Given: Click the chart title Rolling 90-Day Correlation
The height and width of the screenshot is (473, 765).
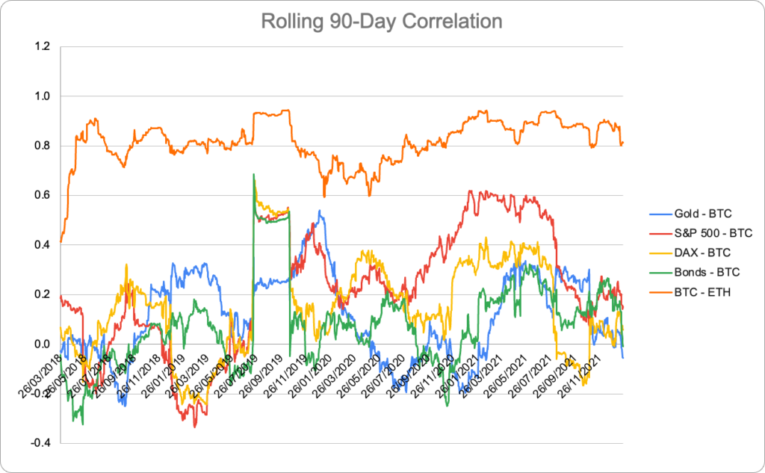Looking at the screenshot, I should (382, 21).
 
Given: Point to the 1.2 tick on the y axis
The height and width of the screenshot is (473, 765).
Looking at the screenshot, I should (42, 46).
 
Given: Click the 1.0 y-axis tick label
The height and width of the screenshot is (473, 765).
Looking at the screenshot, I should (42, 96).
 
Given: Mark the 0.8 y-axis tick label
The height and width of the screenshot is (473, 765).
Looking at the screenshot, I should (42, 146).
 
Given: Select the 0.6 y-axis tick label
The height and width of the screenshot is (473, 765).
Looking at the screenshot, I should (42, 195).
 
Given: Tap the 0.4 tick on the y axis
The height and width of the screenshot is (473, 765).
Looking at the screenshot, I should (42, 244).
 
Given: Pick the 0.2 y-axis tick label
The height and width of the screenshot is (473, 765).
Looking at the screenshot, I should (42, 294).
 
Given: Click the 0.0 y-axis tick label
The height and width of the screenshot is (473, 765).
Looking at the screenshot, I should (42, 344).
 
